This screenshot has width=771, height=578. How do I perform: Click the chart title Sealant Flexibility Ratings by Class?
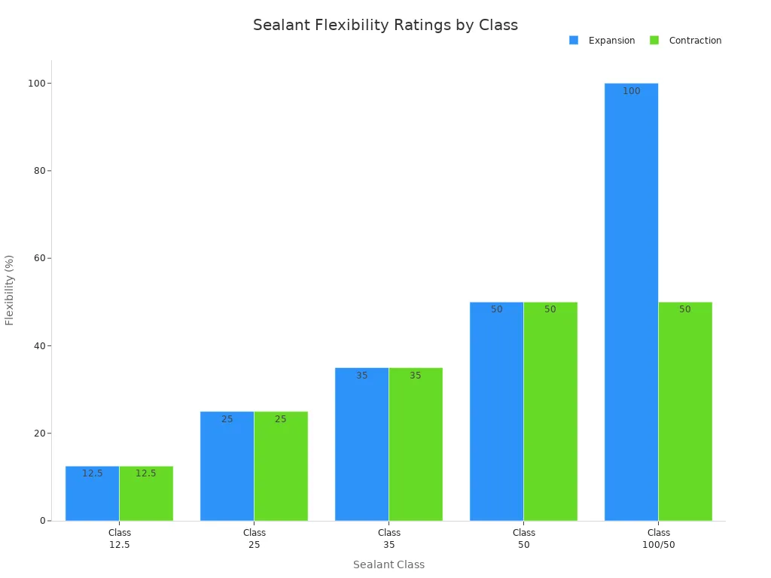click(385, 25)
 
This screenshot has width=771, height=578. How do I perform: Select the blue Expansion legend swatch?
click(574, 41)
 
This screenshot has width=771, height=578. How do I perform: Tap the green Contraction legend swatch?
click(654, 41)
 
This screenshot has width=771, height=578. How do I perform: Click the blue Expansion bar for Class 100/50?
click(631, 301)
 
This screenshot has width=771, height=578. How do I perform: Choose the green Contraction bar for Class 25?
click(281, 466)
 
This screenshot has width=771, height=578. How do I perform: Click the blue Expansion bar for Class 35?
click(361, 444)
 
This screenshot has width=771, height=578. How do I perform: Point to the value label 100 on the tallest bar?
click(631, 91)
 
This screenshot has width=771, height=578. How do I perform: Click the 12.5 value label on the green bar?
click(145, 473)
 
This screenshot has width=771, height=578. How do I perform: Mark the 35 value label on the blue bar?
click(361, 376)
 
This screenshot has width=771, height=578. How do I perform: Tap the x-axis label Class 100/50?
click(658, 538)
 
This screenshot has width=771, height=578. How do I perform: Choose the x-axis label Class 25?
click(254, 538)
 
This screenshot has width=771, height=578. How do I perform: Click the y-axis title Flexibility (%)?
click(10, 290)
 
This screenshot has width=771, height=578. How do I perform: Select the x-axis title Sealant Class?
click(389, 564)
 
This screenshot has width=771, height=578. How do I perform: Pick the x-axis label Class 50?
click(523, 538)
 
